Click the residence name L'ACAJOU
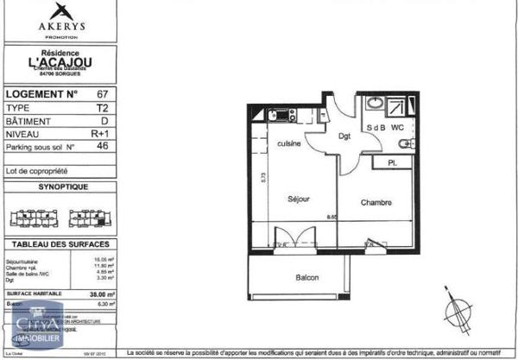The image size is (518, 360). pyautogui.click(x=60, y=61)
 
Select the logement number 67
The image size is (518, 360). pyautogui.click(x=102, y=93)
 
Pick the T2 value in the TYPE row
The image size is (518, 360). pyautogui.click(x=102, y=109)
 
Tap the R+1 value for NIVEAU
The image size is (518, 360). pyautogui.click(x=102, y=134)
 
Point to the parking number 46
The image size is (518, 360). pyautogui.click(x=102, y=147)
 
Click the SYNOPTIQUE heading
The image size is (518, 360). pyautogui.click(x=60, y=186)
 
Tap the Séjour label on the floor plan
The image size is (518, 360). pyautogui.click(x=298, y=199)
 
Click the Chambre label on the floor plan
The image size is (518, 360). pyautogui.click(x=376, y=204)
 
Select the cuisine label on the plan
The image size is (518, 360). pyautogui.click(x=288, y=143)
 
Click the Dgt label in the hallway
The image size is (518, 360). pyautogui.click(x=344, y=136)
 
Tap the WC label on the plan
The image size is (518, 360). pyautogui.click(x=397, y=129)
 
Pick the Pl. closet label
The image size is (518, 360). pyautogui.click(x=392, y=162)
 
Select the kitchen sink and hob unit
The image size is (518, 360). pyautogui.click(x=281, y=115)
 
